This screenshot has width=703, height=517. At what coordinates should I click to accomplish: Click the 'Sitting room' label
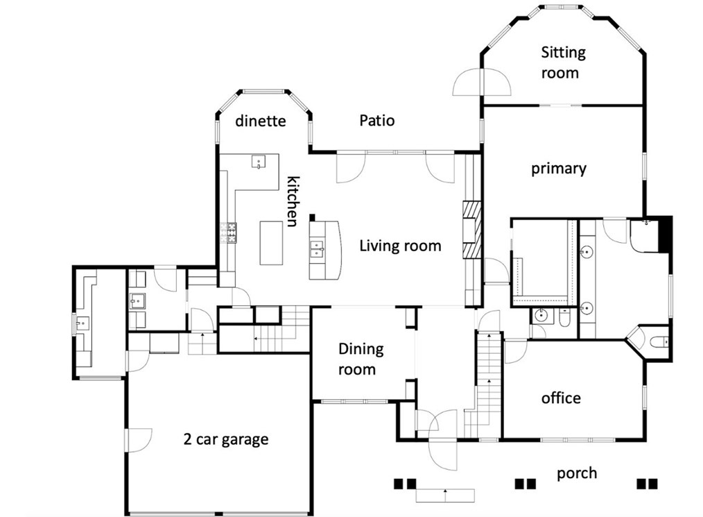pyautogui.click(x=563, y=62)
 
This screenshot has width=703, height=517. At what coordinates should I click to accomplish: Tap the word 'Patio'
pyautogui.click(x=377, y=120)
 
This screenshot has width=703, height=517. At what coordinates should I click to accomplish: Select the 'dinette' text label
pyautogui.click(x=261, y=121)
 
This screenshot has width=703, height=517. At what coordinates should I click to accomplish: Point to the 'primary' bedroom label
pyautogui.click(x=559, y=169)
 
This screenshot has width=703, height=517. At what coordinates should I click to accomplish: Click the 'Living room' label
pyautogui.click(x=400, y=246)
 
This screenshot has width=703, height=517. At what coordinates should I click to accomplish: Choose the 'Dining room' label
pyautogui.click(x=361, y=359)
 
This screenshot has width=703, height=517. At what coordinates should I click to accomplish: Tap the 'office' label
pyautogui.click(x=561, y=398)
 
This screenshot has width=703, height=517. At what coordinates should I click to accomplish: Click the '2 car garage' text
pyautogui.click(x=226, y=439)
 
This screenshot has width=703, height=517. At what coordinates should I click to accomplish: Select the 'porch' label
pyautogui.click(x=577, y=473)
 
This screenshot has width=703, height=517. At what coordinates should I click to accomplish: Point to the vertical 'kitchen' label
pyautogui.click(x=293, y=201)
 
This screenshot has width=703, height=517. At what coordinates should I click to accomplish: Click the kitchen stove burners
pyautogui.click(x=228, y=232)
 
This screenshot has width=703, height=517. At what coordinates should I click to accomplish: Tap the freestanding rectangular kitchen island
pyautogui.click(x=271, y=243)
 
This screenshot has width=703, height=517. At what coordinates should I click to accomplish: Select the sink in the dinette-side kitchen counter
pyautogui.click(x=259, y=162)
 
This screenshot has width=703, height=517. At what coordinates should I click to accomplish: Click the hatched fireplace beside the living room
pyautogui.click(x=472, y=230)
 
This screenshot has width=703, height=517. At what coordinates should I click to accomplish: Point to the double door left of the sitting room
pyautogui.click(x=482, y=82)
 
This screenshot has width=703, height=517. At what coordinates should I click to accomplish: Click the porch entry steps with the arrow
pyautogui.click(x=445, y=495)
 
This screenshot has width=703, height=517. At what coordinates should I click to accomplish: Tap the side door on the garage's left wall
pyautogui.click(x=139, y=440)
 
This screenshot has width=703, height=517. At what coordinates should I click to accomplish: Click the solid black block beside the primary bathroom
pyautogui.click(x=665, y=234)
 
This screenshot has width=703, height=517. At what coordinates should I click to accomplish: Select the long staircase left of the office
pyautogui.click(x=489, y=384)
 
